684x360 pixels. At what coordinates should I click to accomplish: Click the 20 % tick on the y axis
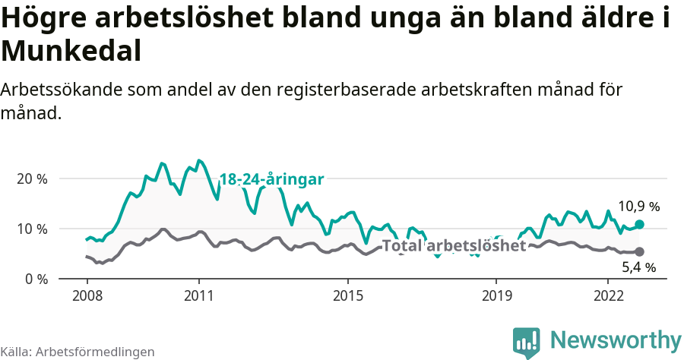[x=31, y=178]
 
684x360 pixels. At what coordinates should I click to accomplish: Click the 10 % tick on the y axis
[x=31, y=229]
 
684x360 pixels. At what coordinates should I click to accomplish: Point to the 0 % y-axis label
[x=35, y=279]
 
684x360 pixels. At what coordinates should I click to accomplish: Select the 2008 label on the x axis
[x=87, y=295]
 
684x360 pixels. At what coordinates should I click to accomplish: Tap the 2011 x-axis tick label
[x=198, y=295]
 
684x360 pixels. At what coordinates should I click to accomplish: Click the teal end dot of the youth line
[x=639, y=224]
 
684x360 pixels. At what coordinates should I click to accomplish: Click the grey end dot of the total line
[x=639, y=251]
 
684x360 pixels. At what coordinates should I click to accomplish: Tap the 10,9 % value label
[x=638, y=206]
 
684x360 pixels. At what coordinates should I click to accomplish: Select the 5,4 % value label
[x=638, y=267]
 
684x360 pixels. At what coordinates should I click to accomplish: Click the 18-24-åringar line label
[x=272, y=179]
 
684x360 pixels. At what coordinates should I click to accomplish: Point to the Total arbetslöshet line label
[x=454, y=245]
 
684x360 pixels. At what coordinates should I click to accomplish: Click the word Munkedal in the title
[x=71, y=51]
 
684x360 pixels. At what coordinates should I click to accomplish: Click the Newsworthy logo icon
[x=526, y=343]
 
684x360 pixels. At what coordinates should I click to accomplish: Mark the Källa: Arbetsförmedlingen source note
[x=78, y=352]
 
